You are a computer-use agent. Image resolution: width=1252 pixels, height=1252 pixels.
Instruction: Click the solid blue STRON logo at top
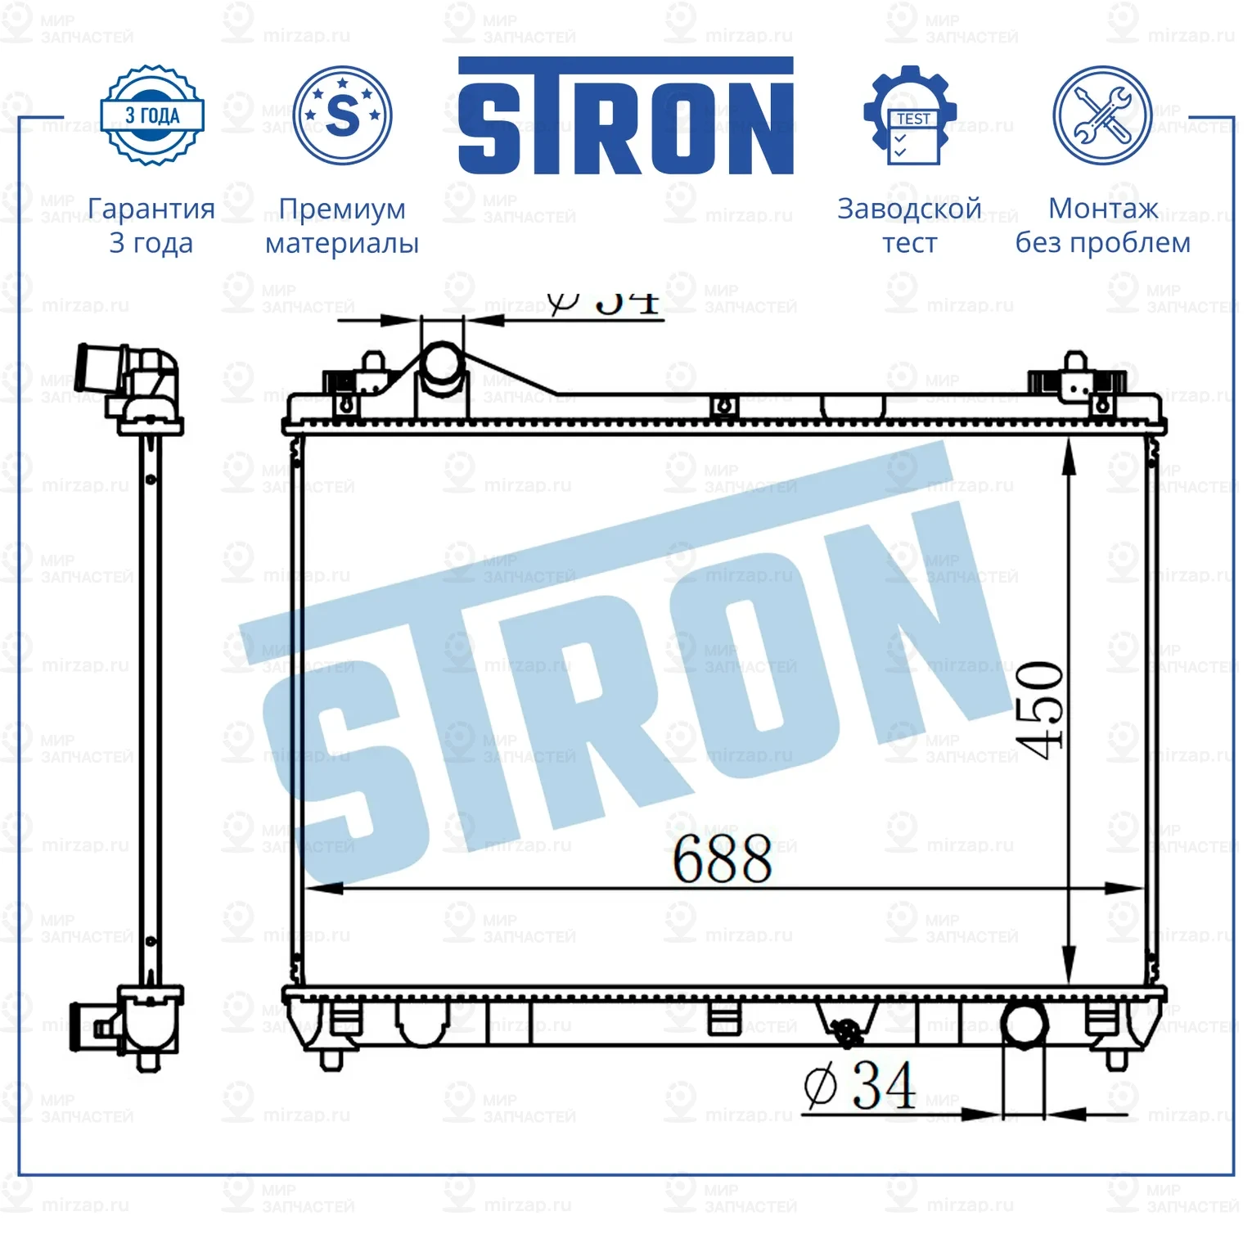625,116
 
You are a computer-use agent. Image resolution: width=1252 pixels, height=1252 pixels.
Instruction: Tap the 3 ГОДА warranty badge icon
151,115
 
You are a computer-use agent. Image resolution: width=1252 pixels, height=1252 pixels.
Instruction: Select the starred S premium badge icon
342,115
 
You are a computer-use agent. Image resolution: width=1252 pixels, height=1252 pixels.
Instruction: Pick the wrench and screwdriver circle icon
1101,115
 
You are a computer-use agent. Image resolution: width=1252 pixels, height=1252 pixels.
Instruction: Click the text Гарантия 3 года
151,226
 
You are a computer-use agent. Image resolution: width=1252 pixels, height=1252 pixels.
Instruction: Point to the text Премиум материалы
342,226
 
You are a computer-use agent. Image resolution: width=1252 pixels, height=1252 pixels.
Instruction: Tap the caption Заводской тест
909,226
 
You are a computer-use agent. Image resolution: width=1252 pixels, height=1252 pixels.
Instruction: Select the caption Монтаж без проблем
1102,226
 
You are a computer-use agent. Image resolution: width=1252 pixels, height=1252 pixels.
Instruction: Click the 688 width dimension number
722,860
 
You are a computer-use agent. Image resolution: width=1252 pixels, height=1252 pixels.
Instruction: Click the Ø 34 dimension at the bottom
859,1086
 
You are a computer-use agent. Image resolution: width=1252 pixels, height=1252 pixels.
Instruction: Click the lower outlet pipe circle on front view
1024,1023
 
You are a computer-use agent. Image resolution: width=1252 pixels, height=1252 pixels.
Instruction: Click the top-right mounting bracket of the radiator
1077,381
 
